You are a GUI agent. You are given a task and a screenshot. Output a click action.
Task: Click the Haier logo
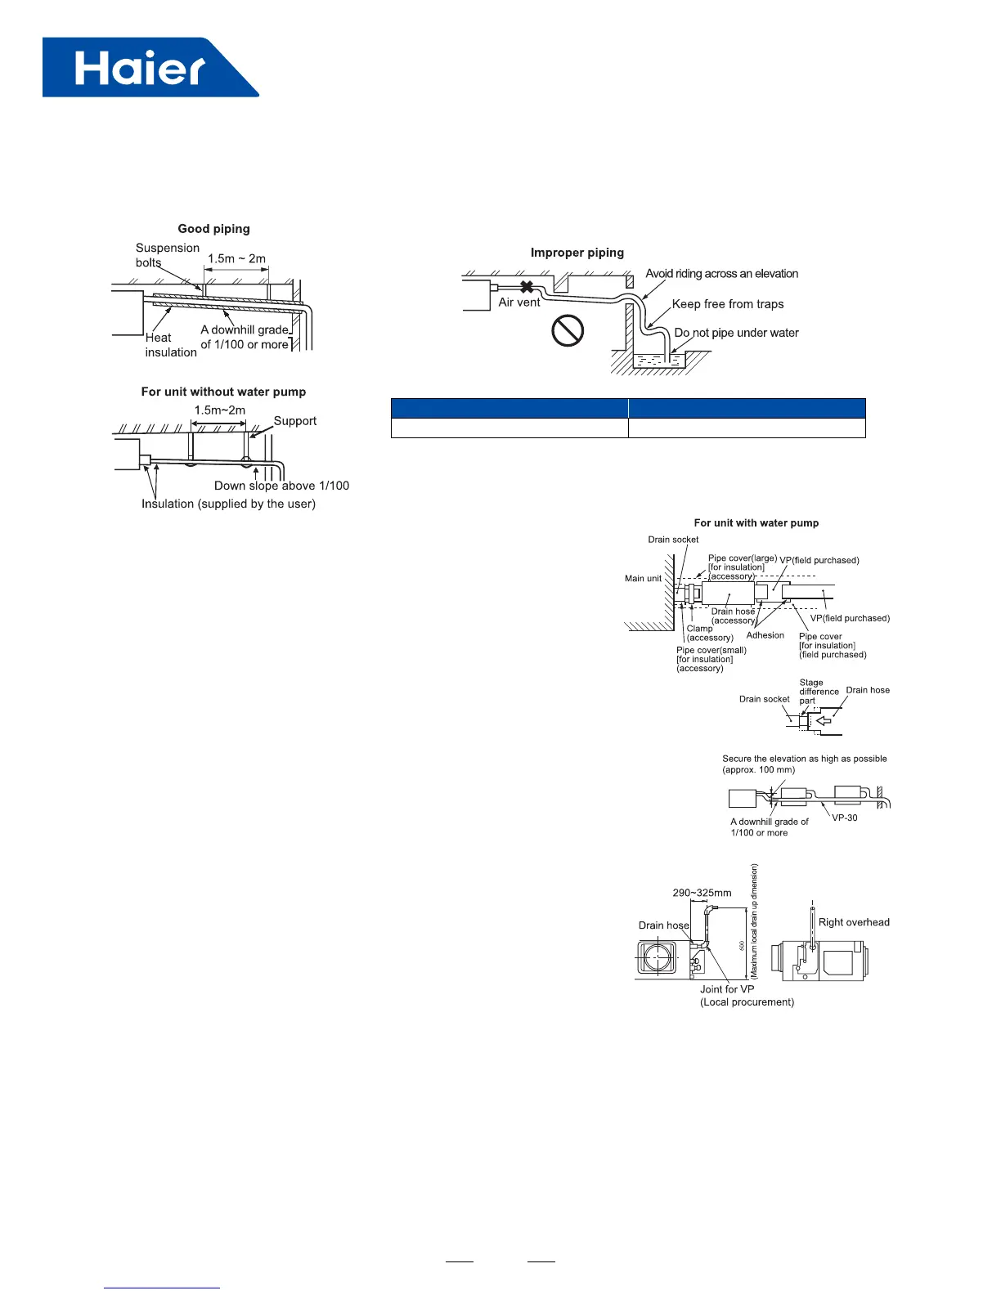(x=150, y=68)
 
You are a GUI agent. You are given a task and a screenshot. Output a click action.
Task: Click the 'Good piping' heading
(x=214, y=229)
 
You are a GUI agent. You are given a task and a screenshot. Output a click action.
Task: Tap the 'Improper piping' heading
(x=577, y=253)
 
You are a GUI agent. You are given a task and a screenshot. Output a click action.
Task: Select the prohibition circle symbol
(x=568, y=331)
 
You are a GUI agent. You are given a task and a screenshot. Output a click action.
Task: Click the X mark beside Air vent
(x=527, y=287)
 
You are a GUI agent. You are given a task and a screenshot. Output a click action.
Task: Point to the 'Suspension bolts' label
(x=167, y=255)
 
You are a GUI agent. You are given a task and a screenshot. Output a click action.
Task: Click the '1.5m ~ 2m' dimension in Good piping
(x=236, y=258)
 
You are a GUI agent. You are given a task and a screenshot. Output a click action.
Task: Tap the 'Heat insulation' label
(x=170, y=345)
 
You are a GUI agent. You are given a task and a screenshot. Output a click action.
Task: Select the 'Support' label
(x=294, y=421)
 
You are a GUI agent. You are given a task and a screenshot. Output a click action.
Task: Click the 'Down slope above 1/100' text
(x=281, y=486)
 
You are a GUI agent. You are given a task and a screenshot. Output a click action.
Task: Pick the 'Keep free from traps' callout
(x=728, y=304)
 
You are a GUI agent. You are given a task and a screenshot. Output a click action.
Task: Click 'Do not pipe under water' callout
(x=736, y=333)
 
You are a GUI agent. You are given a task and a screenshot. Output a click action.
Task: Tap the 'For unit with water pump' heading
(x=756, y=523)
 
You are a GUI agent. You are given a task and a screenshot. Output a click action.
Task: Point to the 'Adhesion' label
(x=765, y=635)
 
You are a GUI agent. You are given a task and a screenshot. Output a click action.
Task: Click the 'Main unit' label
(x=643, y=578)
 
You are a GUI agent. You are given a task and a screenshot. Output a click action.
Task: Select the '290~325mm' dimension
(x=702, y=893)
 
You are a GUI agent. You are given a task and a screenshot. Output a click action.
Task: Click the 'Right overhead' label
(x=854, y=922)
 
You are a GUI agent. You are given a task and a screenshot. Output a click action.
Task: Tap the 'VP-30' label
(x=845, y=818)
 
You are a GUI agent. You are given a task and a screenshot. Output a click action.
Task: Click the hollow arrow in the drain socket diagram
(x=823, y=722)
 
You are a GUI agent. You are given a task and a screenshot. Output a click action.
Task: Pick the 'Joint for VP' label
(x=727, y=989)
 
